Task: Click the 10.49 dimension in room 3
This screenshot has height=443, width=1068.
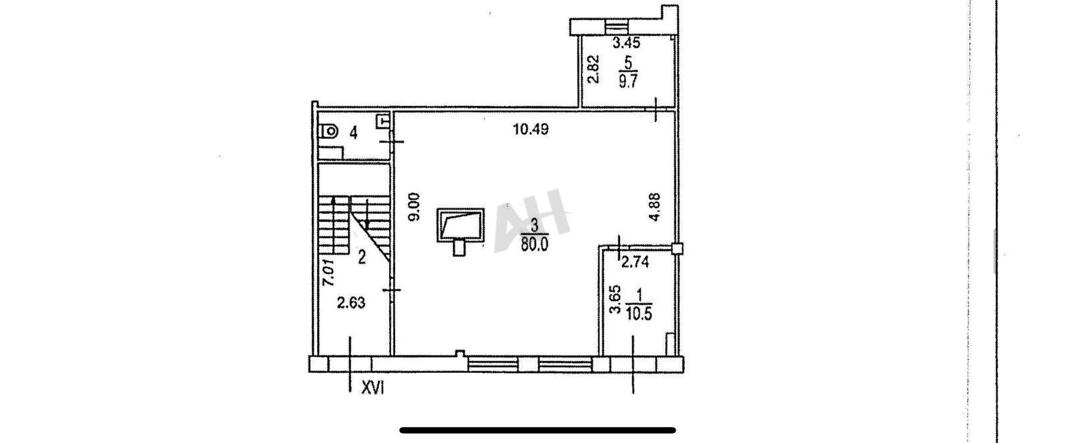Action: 531,129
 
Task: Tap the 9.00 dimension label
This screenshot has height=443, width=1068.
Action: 415,206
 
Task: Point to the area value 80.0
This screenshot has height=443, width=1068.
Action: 535,245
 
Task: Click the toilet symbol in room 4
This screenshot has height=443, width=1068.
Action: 328,131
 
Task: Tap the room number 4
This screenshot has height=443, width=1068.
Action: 353,133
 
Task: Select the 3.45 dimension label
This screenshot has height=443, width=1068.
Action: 626,43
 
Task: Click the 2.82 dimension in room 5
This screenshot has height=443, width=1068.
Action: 592,69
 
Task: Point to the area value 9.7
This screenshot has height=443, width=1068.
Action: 627,81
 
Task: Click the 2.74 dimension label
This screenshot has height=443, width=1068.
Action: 635,262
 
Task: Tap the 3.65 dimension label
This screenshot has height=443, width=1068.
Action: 615,300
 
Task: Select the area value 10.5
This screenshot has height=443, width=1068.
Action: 639,314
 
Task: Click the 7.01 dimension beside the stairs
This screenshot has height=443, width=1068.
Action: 328,272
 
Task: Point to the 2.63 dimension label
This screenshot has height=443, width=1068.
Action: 351,303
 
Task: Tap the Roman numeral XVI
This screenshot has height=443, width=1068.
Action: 372,389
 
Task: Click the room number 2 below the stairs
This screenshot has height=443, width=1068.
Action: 362,258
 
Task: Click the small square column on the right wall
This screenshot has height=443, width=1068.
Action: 678,248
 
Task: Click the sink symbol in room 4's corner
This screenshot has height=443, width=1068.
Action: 383,121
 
